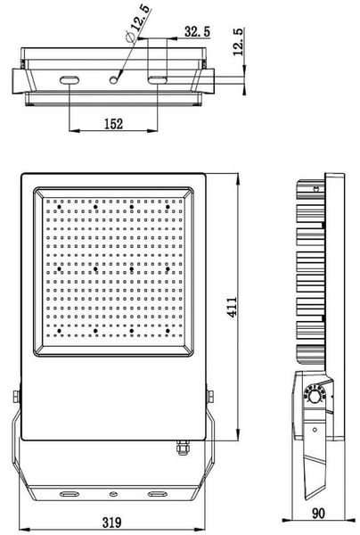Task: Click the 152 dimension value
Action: [x=113, y=125]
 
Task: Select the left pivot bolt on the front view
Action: [x=15, y=397]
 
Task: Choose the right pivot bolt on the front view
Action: [x=211, y=397]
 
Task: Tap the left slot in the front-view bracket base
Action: [x=68, y=491]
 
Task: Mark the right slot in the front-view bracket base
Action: [x=158, y=491]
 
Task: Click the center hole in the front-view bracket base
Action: [x=113, y=491]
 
